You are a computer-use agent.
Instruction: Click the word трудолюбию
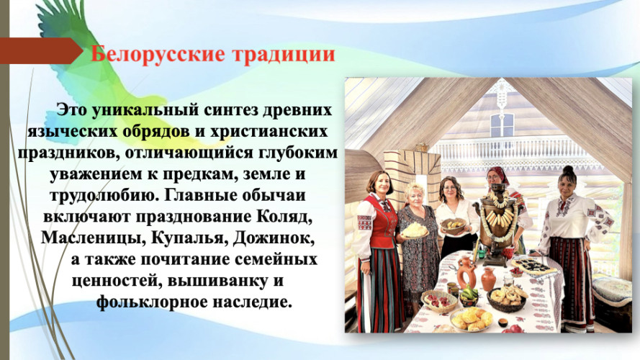[x=104, y=196]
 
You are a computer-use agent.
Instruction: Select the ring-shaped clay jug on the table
[x=467, y=271]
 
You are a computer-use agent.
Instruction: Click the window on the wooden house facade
[x=501, y=125]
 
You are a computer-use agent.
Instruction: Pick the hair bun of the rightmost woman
[x=568, y=170]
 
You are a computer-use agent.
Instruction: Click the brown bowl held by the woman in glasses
[x=453, y=225]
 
